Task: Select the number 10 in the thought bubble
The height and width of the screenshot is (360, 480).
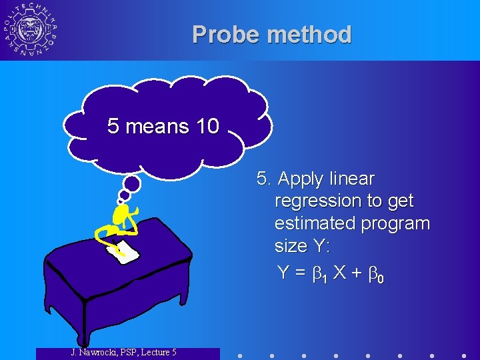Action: [x=207, y=126]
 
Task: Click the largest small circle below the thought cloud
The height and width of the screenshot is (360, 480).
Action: [x=133, y=183]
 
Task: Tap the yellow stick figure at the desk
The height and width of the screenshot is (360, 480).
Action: [x=120, y=223]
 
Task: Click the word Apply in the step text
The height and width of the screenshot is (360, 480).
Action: [x=299, y=179]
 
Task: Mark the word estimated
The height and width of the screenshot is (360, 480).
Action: [x=316, y=223]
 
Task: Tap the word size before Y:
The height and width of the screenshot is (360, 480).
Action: [x=290, y=246]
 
